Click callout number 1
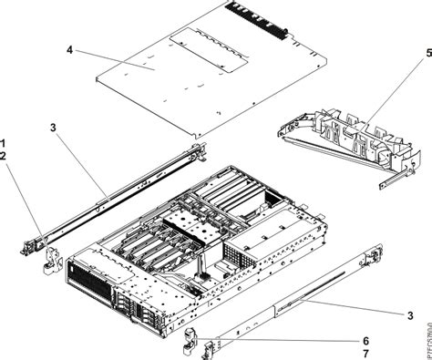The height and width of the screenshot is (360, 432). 5,142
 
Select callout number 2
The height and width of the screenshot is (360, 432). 5,156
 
